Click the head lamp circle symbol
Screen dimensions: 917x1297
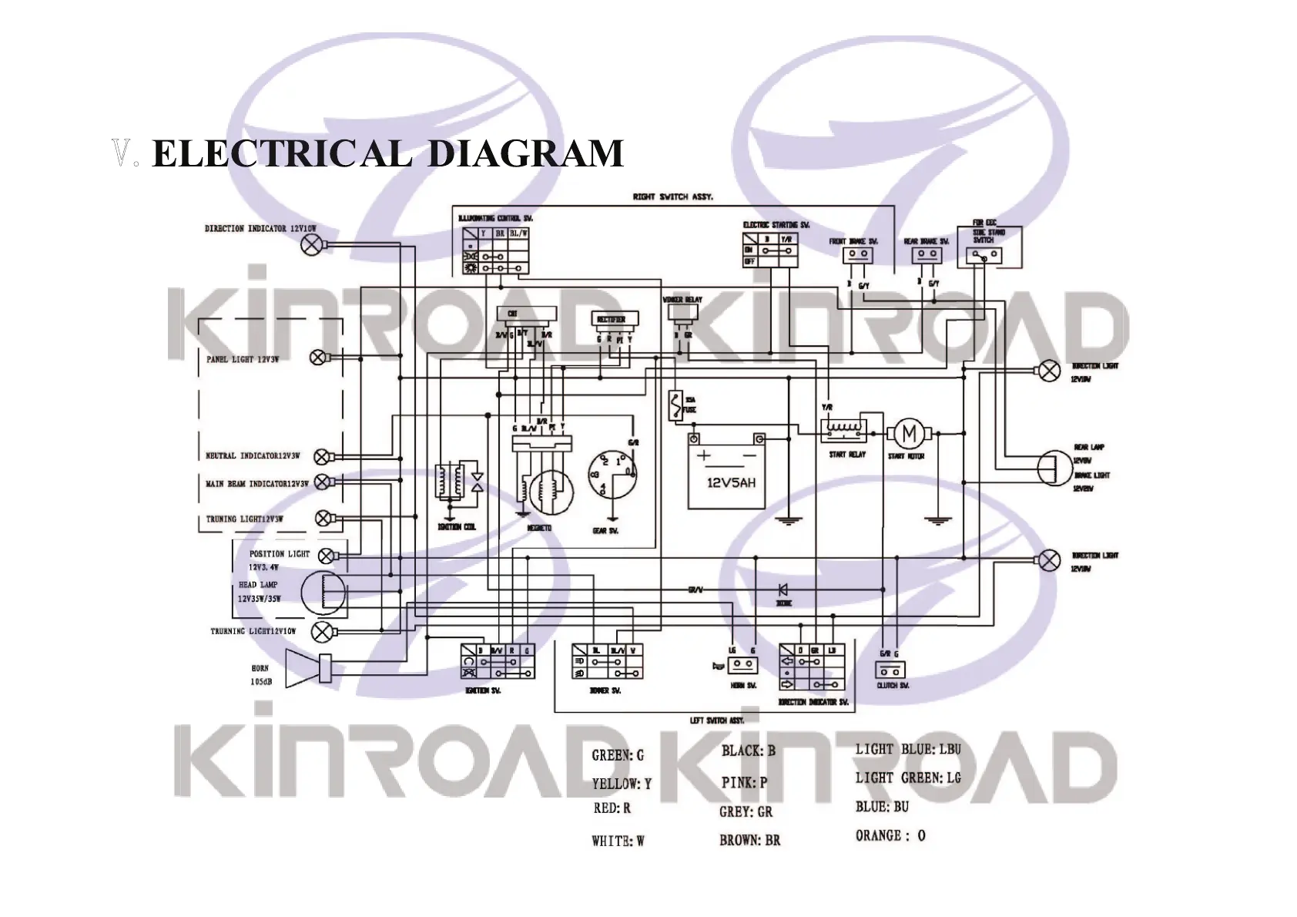pos(322,592)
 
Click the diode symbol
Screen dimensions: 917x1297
pos(783,590)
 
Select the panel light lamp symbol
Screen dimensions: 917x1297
pos(317,358)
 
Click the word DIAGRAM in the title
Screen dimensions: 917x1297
pos(525,153)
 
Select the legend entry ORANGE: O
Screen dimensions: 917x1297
pos(890,835)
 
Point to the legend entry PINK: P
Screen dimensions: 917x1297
pos(744,782)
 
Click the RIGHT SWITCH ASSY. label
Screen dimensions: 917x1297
pos(673,197)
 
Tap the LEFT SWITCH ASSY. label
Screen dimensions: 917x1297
pos(716,721)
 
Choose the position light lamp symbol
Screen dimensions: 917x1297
pos(327,555)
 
